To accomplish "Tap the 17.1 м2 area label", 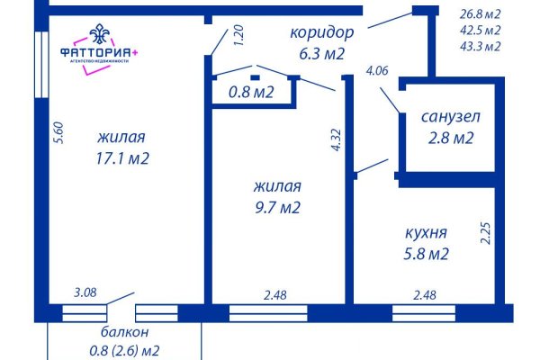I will point(121,158).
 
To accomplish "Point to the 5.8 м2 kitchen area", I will point(426,255).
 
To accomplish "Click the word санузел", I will point(451,117).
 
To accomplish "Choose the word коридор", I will point(321,32).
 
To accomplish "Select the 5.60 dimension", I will point(59,133).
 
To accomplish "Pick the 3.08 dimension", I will point(85,292).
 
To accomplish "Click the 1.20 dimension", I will point(238,36).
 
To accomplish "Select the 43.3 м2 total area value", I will point(480,46).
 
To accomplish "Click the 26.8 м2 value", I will point(480,13).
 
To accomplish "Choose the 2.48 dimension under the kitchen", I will point(424,292).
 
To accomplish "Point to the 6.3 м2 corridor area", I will point(321,54).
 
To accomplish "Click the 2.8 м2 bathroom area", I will point(451,139).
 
